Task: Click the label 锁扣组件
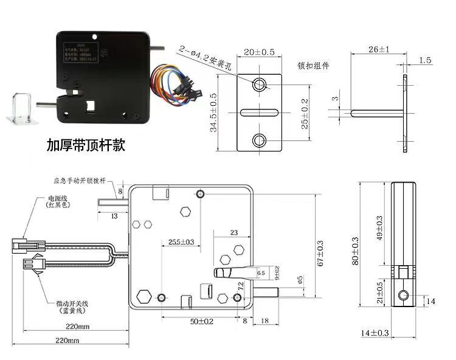313,66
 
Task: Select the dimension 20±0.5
260,52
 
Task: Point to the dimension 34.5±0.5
213,116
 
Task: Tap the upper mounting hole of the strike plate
260,83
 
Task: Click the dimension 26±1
379,49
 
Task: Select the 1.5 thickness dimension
425,60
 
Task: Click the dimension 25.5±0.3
181,242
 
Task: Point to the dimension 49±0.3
381,227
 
